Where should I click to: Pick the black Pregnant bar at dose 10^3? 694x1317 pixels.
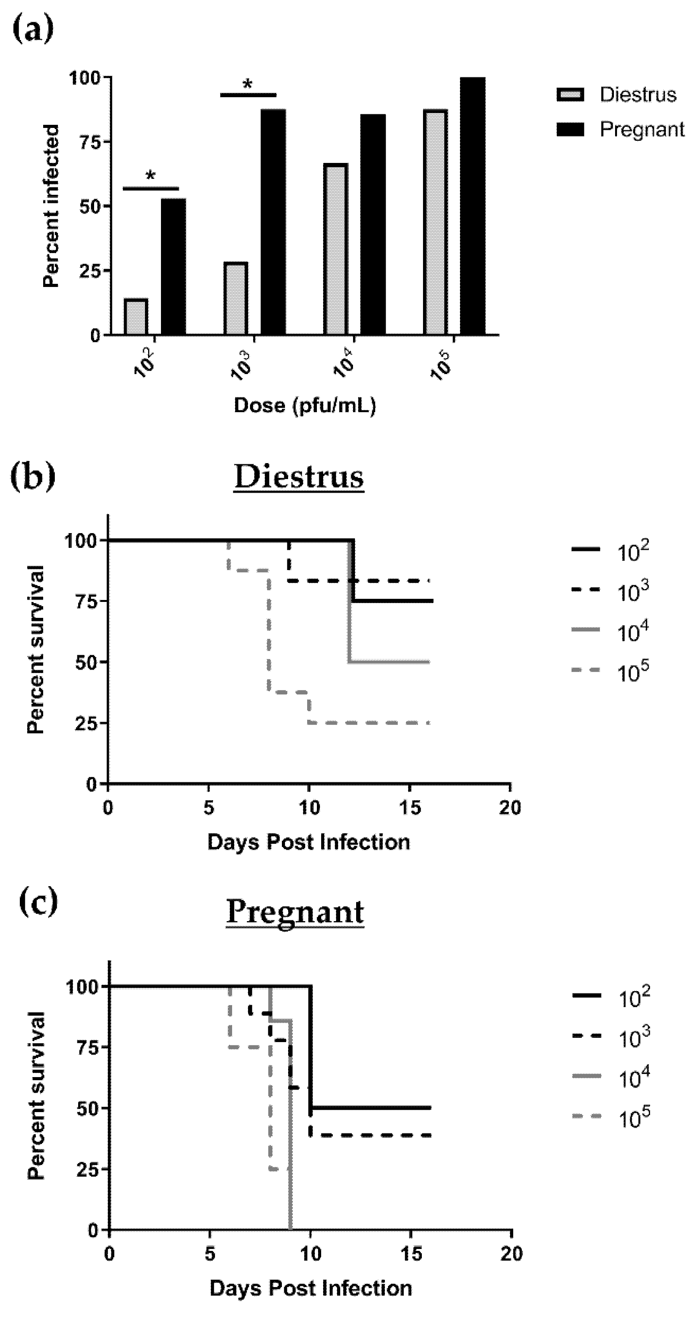(x=273, y=222)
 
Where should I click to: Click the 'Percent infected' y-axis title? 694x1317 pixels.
(x=51, y=206)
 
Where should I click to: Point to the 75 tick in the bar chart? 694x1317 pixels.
(x=91, y=142)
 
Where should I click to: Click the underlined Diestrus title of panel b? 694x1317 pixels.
(x=299, y=477)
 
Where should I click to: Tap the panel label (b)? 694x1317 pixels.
(x=33, y=476)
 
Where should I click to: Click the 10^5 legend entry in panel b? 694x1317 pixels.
(x=611, y=673)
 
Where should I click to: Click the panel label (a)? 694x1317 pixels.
(x=32, y=30)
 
